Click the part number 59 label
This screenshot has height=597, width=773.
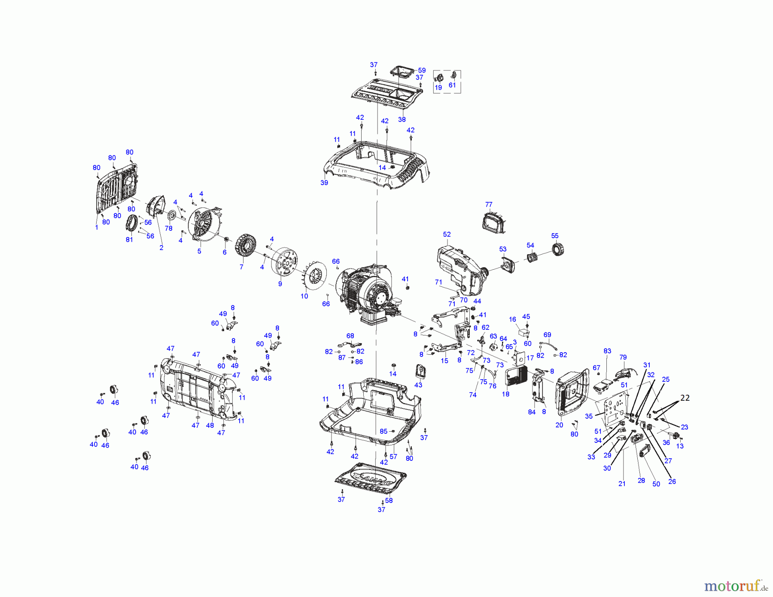[422, 70]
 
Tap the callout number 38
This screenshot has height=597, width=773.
[402, 119]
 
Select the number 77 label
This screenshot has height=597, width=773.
[489, 204]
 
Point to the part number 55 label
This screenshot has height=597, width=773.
[555, 236]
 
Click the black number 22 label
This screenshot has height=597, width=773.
[685, 398]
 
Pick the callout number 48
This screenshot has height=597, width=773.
[210, 425]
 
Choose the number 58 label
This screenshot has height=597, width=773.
[389, 500]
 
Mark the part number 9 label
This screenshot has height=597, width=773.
[280, 284]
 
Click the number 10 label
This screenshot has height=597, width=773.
[304, 296]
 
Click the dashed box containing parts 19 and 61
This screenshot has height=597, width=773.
[447, 82]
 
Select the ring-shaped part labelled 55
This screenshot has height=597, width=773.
[557, 249]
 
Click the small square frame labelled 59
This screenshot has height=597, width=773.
[402, 73]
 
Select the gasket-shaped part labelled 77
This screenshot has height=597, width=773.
[494, 222]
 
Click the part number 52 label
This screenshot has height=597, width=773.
[447, 235]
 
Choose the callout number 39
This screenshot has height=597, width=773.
[324, 183]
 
